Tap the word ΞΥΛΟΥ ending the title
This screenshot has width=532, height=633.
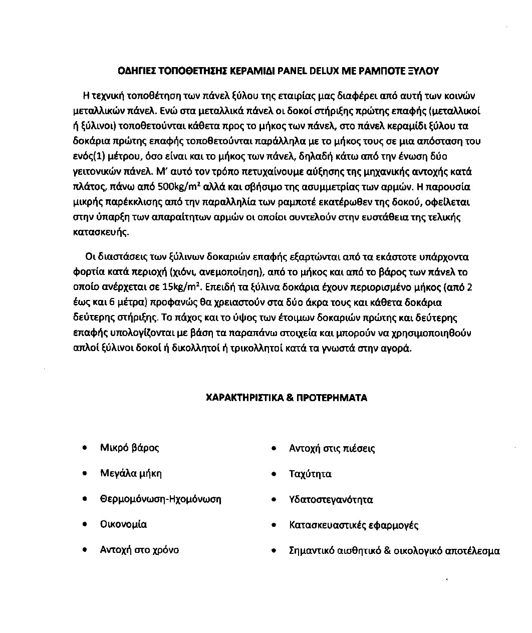pos(423,71)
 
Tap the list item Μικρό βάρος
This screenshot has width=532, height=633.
pos(129,448)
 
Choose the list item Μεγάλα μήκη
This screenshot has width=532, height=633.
pos(131,473)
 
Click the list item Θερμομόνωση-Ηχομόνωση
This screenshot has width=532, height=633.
pos(160,499)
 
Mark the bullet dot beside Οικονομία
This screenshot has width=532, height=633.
pos(87,524)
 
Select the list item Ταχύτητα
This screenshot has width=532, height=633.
pos(310,474)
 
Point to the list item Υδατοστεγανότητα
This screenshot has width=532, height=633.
pos(331,500)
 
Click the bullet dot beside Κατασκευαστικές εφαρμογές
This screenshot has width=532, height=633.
pos(274,525)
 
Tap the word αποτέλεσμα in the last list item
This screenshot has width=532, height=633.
pos(472,551)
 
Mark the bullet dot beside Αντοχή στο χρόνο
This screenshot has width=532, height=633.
pos(87,550)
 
